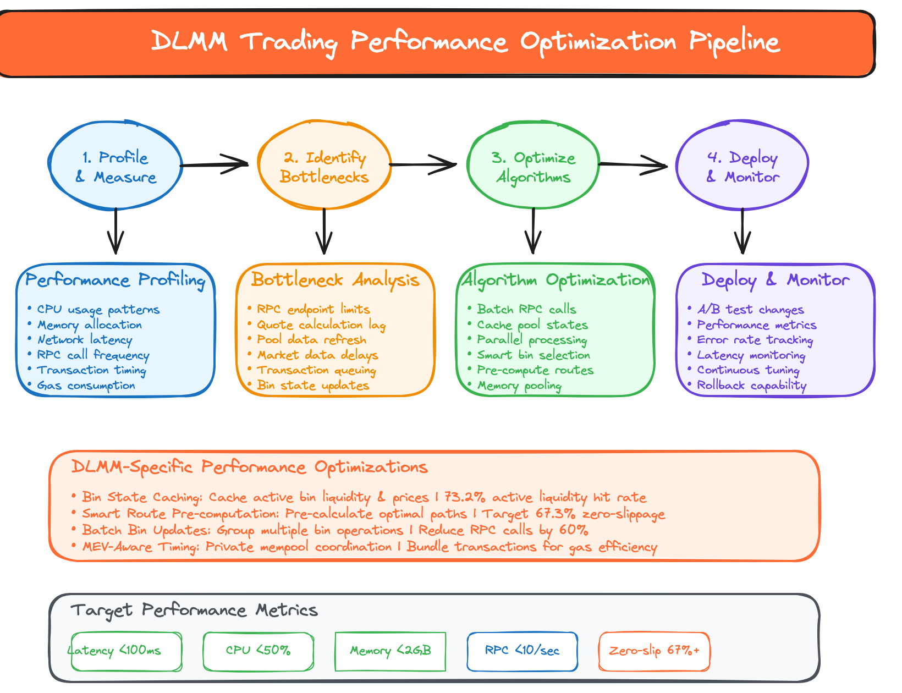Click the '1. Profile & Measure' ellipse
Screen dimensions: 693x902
[116, 167]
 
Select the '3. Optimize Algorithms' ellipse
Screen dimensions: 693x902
[533, 167]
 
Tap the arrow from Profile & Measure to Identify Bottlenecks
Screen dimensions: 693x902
[215, 164]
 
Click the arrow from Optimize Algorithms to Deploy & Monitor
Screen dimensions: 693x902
[632, 164]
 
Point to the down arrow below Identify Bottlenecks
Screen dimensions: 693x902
[324, 231]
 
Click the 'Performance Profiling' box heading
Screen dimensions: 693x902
[116, 280]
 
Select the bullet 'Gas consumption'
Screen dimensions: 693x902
[86, 386]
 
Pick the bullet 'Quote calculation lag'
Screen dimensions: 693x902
[321, 325]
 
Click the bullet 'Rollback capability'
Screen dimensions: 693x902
[751, 386]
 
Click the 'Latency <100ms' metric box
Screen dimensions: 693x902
[127, 651]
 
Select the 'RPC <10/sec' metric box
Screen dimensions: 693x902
[522, 651]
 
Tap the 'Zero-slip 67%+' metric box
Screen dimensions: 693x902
[654, 651]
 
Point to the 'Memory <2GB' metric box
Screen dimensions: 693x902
[390, 651]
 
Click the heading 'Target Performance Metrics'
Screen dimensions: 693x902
[194, 610]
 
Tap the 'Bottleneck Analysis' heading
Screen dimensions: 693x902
[335, 280]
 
